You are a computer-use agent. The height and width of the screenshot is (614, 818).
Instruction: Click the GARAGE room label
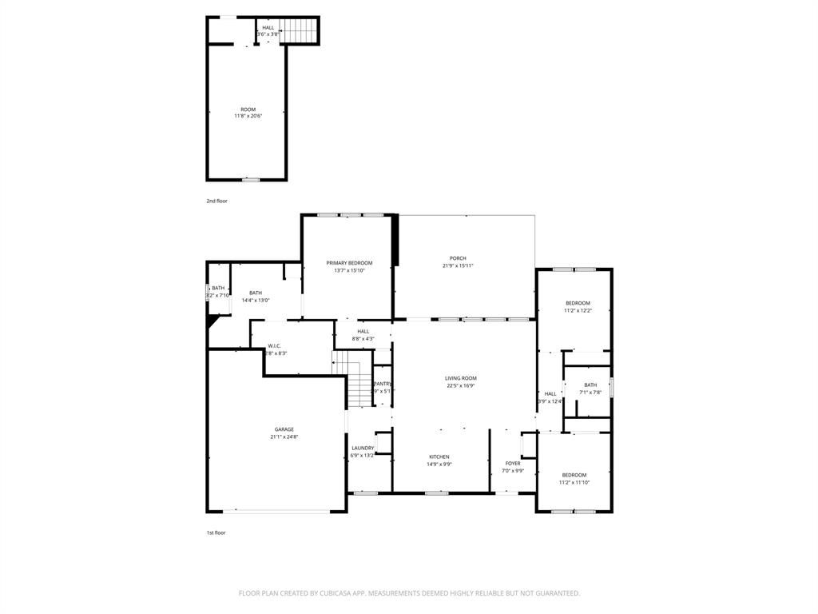click(x=284, y=429)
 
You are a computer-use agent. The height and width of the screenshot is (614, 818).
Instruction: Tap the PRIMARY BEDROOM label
click(x=349, y=263)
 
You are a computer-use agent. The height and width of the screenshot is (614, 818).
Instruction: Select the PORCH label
click(x=458, y=258)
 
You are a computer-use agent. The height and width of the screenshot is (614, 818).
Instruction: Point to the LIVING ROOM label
click(x=461, y=378)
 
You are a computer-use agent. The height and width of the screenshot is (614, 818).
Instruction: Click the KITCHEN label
click(x=439, y=457)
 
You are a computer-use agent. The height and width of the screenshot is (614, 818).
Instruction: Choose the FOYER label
click(x=513, y=463)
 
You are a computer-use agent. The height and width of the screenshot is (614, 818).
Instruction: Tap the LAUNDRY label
click(x=363, y=448)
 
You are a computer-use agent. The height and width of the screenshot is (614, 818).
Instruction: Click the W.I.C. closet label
click(x=275, y=346)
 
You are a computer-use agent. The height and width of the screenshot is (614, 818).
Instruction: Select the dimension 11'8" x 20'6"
click(x=248, y=116)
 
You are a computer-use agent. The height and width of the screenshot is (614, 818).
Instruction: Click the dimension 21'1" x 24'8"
click(x=284, y=437)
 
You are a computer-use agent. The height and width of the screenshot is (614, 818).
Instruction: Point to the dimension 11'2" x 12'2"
click(x=578, y=310)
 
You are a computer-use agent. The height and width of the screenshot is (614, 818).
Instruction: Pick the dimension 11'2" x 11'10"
click(x=574, y=482)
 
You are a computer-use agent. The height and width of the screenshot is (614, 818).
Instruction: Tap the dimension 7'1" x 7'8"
click(x=590, y=392)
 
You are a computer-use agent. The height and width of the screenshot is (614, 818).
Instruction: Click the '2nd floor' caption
click(x=216, y=201)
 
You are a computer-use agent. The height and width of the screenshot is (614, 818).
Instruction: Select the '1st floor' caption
click(x=216, y=532)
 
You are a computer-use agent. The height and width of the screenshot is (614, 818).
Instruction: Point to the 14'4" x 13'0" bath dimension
click(x=256, y=300)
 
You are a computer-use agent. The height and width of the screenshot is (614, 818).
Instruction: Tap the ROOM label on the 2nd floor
click(x=248, y=110)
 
